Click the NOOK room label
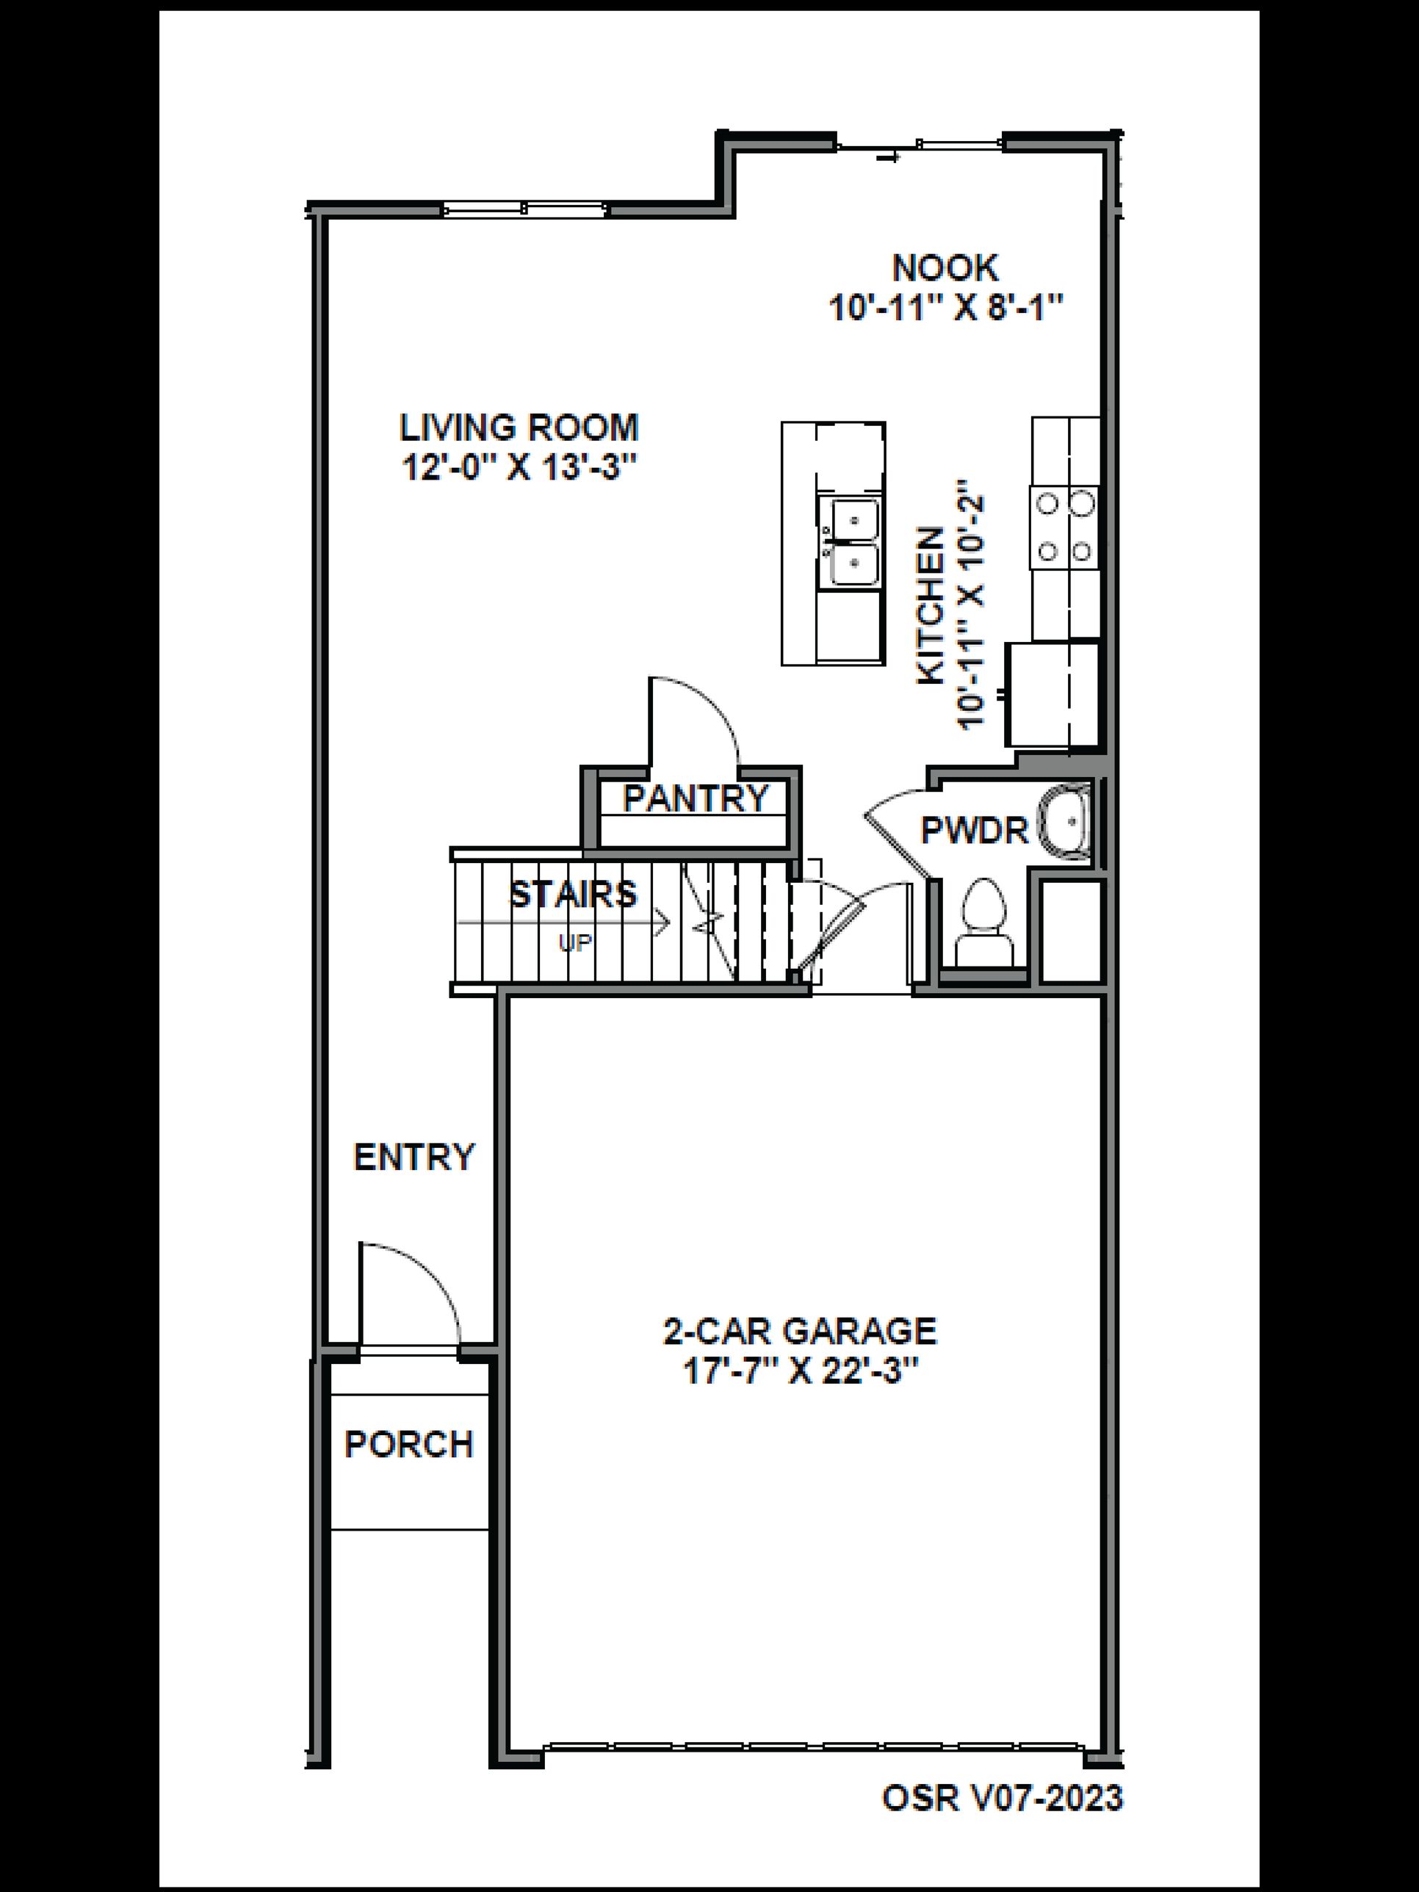[945, 269]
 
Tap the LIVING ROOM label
[519, 427]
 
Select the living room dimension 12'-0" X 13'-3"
[520, 468]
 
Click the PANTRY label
[696, 798]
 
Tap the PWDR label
[973, 830]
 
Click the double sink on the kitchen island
[849, 541]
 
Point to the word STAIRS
[573, 894]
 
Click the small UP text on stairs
[575, 942]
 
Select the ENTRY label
[413, 1158]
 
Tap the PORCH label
[409, 1445]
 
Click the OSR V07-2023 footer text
[1002, 1774]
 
